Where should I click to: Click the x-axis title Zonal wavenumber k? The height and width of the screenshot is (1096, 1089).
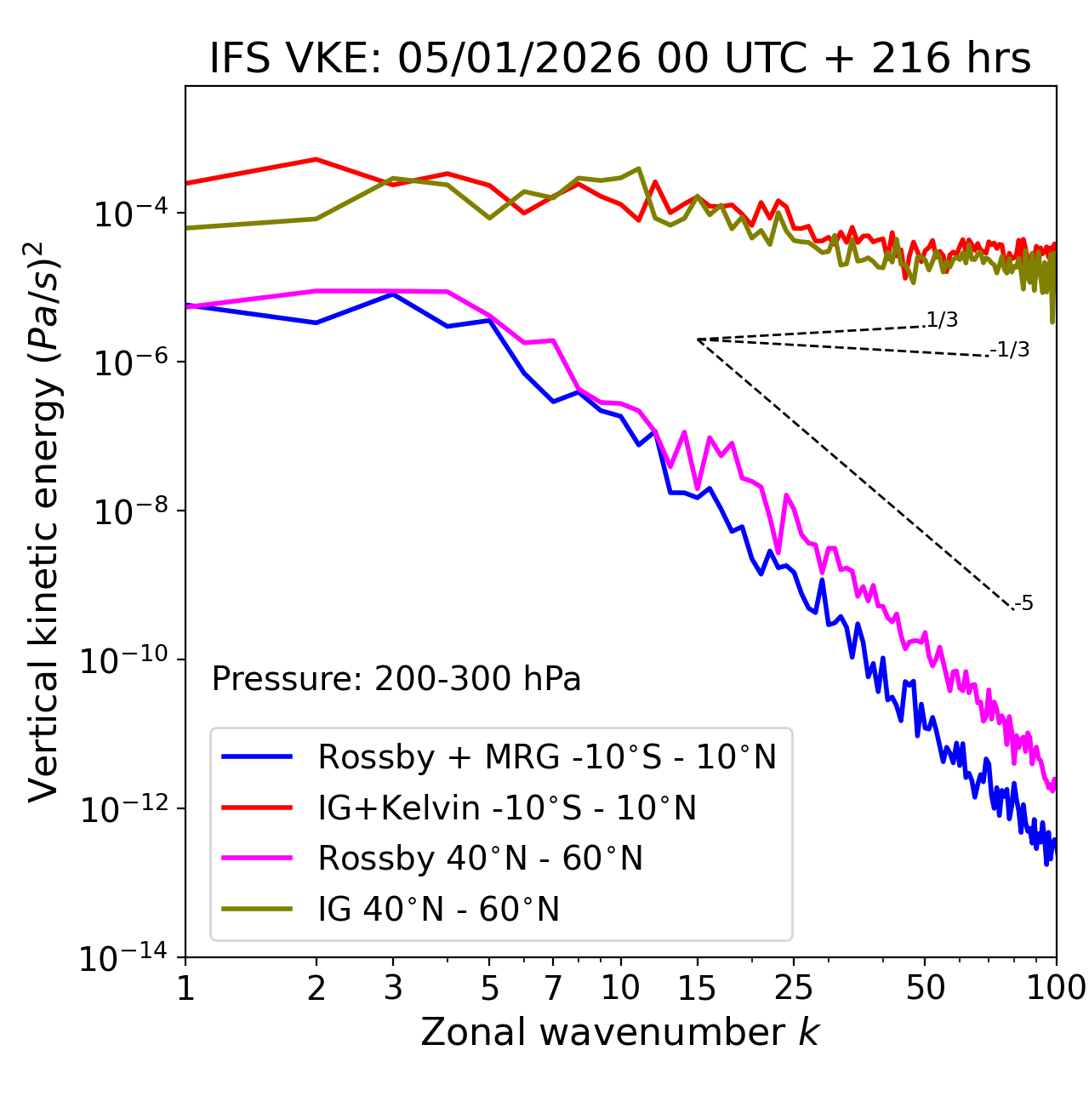click(x=619, y=1031)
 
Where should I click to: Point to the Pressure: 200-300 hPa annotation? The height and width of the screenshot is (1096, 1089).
click(x=396, y=679)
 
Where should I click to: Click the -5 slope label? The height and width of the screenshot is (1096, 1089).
click(x=1023, y=604)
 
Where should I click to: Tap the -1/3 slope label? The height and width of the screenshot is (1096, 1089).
click(x=1010, y=350)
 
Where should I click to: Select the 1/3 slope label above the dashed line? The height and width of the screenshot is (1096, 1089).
click(x=942, y=320)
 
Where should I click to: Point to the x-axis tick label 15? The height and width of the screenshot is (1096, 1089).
click(x=697, y=988)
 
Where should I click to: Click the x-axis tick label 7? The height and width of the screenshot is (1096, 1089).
click(x=553, y=988)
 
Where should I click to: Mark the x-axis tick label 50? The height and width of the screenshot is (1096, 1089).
click(x=925, y=988)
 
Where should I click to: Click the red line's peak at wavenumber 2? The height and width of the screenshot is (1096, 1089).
click(x=316, y=159)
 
